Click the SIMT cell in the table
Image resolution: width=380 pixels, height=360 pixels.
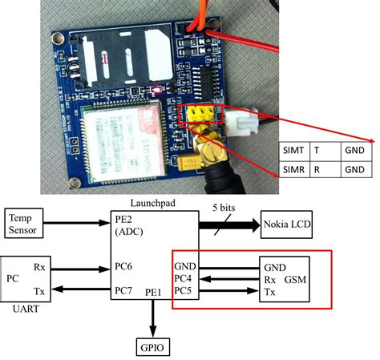pyautogui.click(x=295, y=150)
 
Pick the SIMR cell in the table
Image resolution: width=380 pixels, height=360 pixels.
pyautogui.click(x=295, y=169)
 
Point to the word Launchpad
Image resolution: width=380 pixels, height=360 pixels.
pyautogui.click(x=151, y=204)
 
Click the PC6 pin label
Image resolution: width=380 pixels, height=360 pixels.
pyautogui.click(x=124, y=265)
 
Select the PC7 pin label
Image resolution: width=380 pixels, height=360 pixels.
pyautogui.click(x=124, y=289)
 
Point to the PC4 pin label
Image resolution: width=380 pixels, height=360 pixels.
pyautogui.click(x=185, y=279)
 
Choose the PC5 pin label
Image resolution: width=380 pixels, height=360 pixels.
pyautogui.click(x=185, y=290)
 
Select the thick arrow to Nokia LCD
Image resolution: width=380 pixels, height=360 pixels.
pyautogui.click(x=228, y=224)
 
